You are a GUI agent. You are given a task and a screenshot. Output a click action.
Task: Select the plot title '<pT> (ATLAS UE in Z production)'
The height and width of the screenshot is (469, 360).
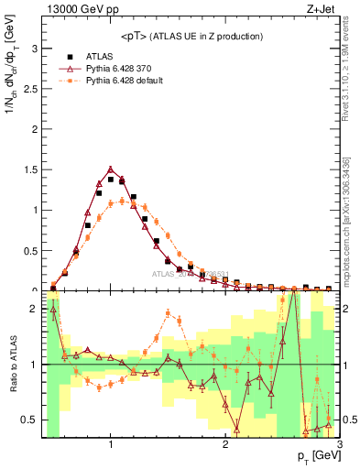[191, 36]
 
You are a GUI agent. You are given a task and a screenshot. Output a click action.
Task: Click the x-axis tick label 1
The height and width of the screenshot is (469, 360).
[110, 444]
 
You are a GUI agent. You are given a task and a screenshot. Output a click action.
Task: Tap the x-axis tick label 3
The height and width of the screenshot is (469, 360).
[339, 444]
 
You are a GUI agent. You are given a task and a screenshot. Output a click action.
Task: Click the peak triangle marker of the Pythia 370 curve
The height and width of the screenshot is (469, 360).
[111, 169]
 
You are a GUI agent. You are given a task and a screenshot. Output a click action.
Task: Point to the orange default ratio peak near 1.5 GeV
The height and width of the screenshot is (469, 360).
[168, 313]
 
